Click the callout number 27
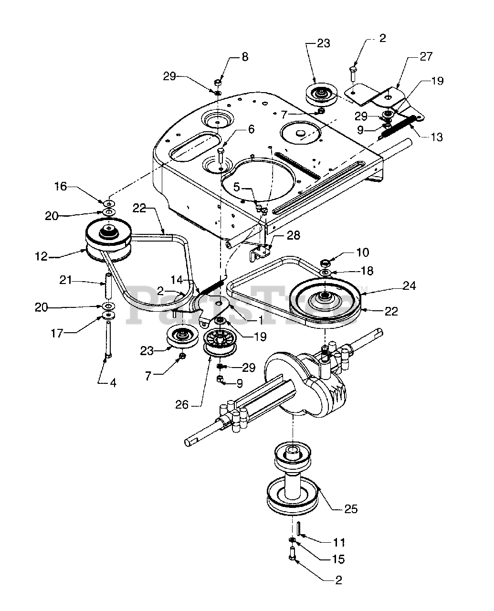pos(426,56)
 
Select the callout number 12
pos(41,256)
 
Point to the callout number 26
pos(182,405)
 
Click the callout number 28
pos(293,235)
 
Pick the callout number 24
pos(409,286)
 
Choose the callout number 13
pos(437,137)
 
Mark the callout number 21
pos(65,280)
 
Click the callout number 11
pos(339,543)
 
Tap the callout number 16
pos(61,187)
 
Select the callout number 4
pos(113,383)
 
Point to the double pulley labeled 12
pos(109,240)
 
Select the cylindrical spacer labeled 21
pos(109,286)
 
